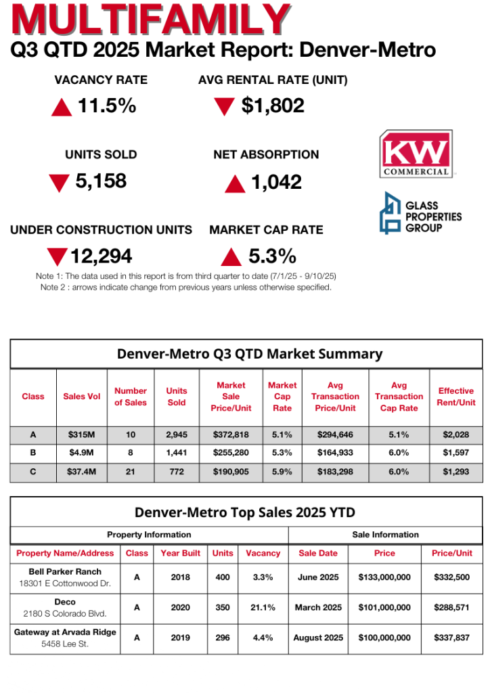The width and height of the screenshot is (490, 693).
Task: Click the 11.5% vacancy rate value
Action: [x=107, y=106]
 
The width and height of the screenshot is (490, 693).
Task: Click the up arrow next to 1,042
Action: [x=235, y=183]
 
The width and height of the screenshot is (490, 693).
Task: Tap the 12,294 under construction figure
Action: [x=102, y=256]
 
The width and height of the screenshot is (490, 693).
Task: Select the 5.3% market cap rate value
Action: [x=272, y=256]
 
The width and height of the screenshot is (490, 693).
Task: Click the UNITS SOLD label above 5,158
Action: [x=101, y=154]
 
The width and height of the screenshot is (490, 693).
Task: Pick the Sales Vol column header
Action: [x=82, y=397]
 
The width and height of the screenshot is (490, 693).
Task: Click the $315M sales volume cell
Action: [x=82, y=434]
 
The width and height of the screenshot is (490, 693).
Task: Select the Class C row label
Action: [x=33, y=472]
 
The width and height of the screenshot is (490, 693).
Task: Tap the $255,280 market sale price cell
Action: [x=231, y=453]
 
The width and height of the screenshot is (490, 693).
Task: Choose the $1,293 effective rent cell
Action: [x=456, y=472]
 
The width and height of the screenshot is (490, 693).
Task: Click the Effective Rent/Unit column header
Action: [x=456, y=397]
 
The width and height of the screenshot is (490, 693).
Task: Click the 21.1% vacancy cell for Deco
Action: [x=263, y=608]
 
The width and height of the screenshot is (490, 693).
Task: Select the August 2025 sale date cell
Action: [x=318, y=638]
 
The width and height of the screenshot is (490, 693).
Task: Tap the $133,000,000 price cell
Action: [x=384, y=577]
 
